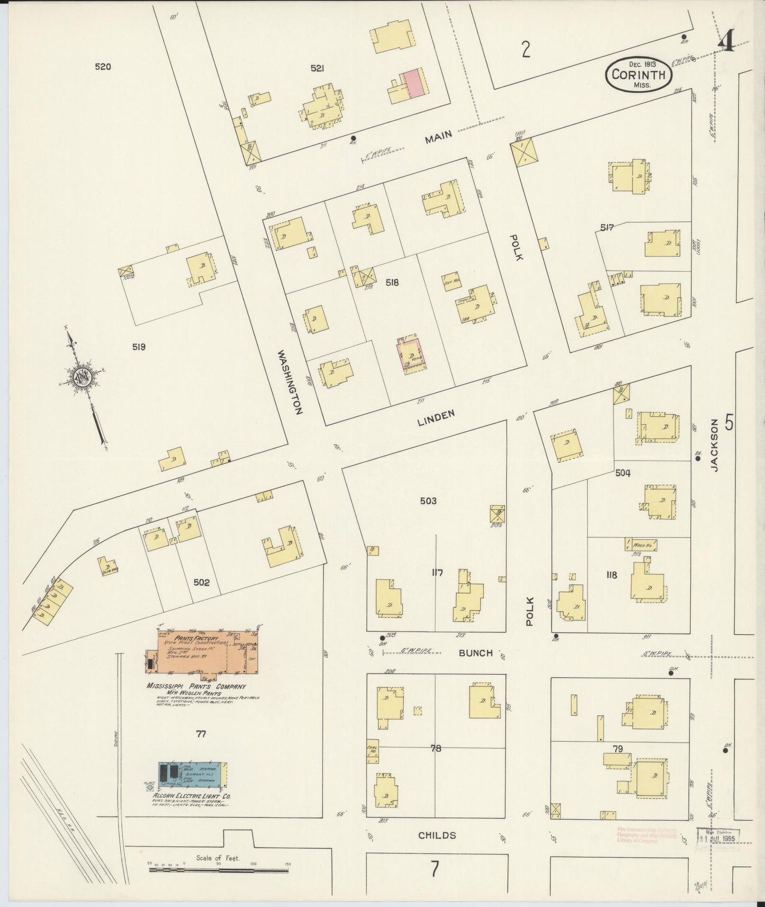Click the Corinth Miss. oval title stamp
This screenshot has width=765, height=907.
(639, 74)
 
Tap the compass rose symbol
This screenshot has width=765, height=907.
(83, 377)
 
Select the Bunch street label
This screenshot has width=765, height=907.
(475, 653)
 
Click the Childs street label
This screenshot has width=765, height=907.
(437, 835)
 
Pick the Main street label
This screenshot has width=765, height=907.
(438, 137)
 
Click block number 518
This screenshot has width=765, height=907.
(392, 283)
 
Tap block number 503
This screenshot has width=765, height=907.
(428, 501)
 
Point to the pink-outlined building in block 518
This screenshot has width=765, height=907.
(410, 354)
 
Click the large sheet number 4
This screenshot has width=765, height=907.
(726, 41)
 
